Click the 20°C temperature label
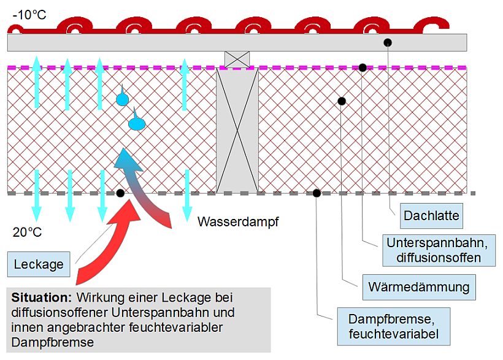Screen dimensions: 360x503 pyautogui.click(x=28, y=232)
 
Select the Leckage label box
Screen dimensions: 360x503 pyautogui.click(x=39, y=264)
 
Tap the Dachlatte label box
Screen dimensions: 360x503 pyautogui.click(x=431, y=215)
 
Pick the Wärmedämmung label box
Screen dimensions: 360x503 pyautogui.click(x=418, y=286)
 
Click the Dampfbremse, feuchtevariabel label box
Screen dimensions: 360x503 pyautogui.click(x=393, y=326)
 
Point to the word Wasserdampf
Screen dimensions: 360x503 pyautogui.click(x=238, y=222)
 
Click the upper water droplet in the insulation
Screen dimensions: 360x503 pyautogui.click(x=123, y=98)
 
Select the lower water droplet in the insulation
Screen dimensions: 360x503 pyautogui.click(x=136, y=124)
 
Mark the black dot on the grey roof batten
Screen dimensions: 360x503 pyautogui.click(x=388, y=42)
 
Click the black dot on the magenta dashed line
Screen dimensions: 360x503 pyautogui.click(x=363, y=67)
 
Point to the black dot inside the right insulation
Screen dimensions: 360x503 pyautogui.click(x=342, y=101)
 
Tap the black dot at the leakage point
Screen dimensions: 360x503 pyautogui.click(x=120, y=193)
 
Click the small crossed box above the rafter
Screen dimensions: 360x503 pyautogui.click(x=237, y=59)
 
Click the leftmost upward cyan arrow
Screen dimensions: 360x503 pyautogui.click(x=36, y=82)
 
